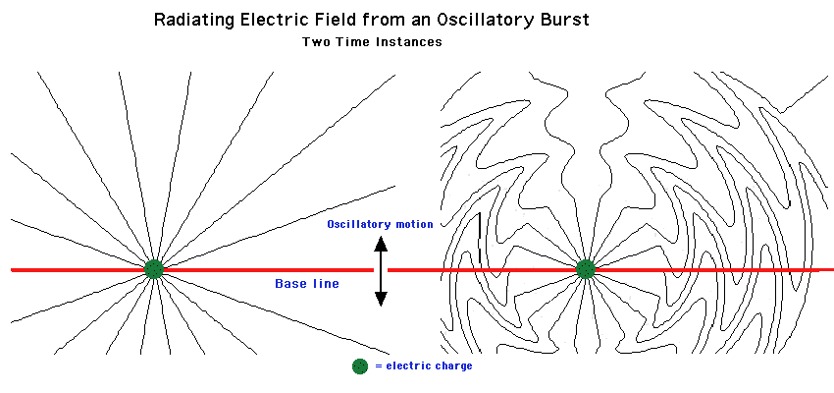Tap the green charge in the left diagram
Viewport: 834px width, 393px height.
154,268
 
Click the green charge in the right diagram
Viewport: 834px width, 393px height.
586,268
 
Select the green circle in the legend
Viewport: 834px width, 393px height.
360,365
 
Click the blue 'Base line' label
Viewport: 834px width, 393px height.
306,284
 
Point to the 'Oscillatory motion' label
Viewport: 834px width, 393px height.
380,225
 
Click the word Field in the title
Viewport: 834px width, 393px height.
329,20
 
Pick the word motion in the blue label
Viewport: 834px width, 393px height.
415,225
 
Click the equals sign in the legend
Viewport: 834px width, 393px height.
378,365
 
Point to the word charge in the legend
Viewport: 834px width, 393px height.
452,365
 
